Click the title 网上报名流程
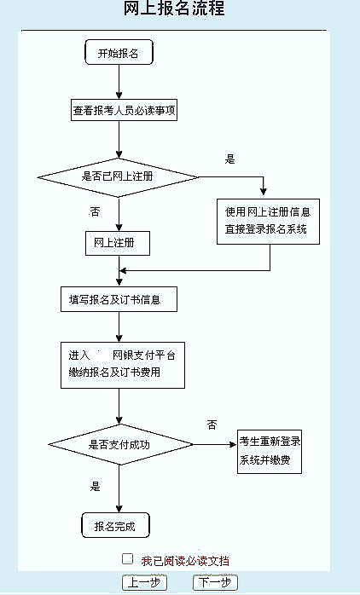coord(174,8)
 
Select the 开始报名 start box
coord(119,52)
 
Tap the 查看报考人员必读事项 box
coord(125,110)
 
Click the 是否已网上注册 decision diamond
coord(118,177)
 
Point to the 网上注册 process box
coord(118,243)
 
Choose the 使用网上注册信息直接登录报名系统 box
coord(268,222)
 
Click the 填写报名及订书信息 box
coord(119,299)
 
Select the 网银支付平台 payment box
coord(123,365)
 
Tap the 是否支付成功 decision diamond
coord(120,444)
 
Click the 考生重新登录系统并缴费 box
coord(270,452)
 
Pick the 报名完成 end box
coord(115,526)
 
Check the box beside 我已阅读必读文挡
coord(128,559)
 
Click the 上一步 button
coord(144,582)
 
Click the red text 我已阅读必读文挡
coord(185,561)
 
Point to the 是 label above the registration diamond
coord(229,159)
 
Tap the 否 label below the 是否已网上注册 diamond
coord(95,211)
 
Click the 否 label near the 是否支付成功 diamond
coord(212,425)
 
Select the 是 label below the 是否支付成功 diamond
coord(95,486)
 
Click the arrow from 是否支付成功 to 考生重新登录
coord(215,444)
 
